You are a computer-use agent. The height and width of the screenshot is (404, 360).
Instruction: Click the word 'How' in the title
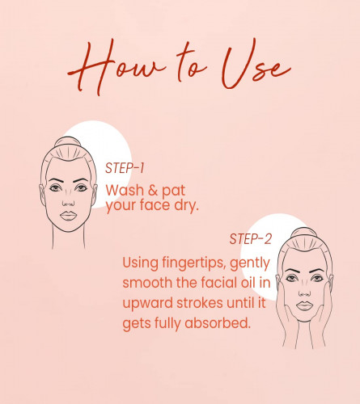(116, 67)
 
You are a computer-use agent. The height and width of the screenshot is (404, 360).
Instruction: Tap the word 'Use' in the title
(256, 65)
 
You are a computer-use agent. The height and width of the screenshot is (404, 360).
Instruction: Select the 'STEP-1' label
(125, 168)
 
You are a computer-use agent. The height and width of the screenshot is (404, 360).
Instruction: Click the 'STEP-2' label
(250, 239)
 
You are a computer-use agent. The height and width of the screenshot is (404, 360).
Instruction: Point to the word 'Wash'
(125, 191)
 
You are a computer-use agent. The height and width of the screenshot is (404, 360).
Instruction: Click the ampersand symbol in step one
(153, 191)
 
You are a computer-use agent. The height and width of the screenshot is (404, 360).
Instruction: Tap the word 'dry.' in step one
(186, 205)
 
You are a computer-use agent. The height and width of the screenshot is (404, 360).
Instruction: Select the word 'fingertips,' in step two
(193, 263)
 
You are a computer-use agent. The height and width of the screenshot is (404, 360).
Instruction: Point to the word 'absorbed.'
(218, 322)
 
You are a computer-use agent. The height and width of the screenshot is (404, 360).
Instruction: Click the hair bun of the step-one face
(68, 142)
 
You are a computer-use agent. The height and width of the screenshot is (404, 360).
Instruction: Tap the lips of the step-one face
(68, 216)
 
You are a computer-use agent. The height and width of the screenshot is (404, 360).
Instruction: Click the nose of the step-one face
(68, 200)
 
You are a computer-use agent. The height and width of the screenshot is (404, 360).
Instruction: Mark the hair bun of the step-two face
(304, 233)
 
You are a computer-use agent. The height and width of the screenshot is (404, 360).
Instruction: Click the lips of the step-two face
(304, 306)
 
